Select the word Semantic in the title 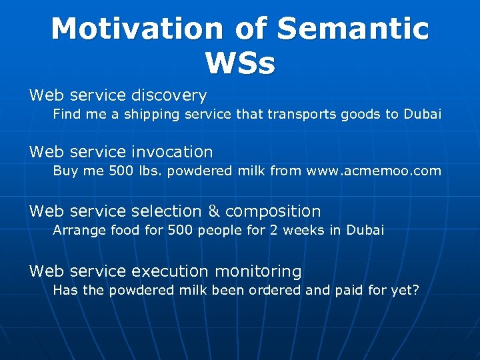tap(353, 29)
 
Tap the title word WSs tap(240, 63)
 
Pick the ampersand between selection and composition tap(213, 211)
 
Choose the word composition tap(273, 211)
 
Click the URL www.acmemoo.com tap(373, 171)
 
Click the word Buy tap(64, 171)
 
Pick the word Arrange tap(75, 231)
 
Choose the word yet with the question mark tap(404, 291)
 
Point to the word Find tap(65, 114)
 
